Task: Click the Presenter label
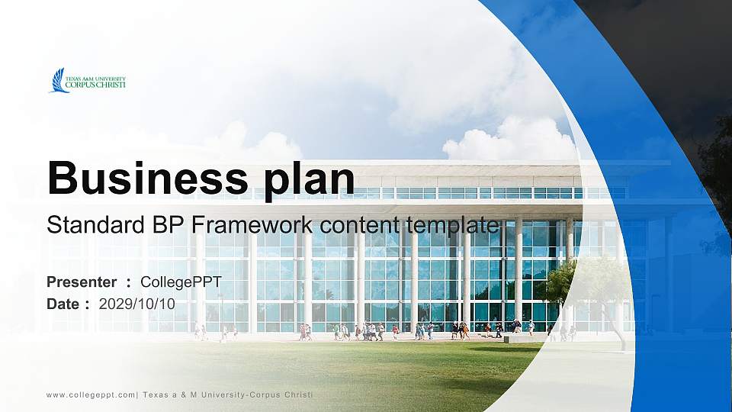pos(82,282)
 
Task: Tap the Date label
pos(63,304)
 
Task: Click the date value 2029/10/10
pos(137,304)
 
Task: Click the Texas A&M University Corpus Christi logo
pos(88,81)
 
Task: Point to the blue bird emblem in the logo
pos(58,81)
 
